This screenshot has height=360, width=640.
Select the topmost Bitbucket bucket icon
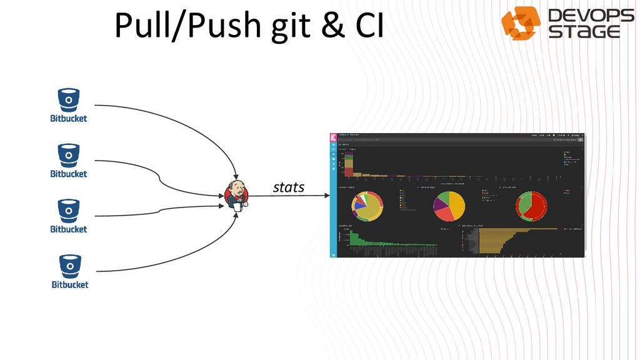pyautogui.click(x=69, y=99)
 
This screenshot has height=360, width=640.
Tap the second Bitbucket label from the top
pyautogui.click(x=69, y=174)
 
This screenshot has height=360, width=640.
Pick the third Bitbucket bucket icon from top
pyautogui.click(x=69, y=210)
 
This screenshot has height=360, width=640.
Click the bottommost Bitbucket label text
pyautogui.click(x=69, y=285)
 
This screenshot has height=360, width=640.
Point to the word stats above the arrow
pyautogui.click(x=289, y=187)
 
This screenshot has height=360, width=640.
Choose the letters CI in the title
pyautogui.click(x=370, y=26)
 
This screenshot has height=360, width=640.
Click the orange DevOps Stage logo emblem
pyautogui.click(x=521, y=23)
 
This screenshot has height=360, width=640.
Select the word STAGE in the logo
pyautogui.click(x=584, y=31)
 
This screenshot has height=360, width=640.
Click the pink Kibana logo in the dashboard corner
pyautogui.click(x=334, y=137)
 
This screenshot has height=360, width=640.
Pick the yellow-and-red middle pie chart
pyautogui.click(x=449, y=206)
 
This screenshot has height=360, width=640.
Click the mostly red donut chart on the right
pyautogui.click(x=532, y=204)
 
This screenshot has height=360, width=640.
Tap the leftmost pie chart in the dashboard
pyautogui.click(x=368, y=206)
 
